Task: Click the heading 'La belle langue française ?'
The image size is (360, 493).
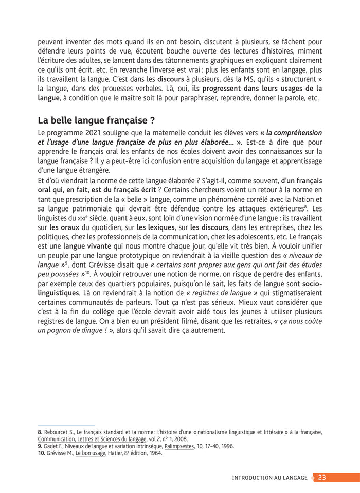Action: [x=96, y=121]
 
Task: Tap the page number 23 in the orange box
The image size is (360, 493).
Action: [x=322, y=477]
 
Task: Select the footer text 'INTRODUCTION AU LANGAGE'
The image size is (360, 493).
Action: [x=269, y=477]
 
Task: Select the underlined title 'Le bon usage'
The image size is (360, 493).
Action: [x=92, y=453]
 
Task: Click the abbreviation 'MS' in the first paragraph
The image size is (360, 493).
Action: [x=236, y=80]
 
